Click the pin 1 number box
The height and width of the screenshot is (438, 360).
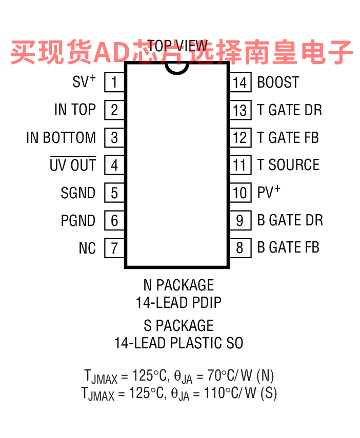[114, 82]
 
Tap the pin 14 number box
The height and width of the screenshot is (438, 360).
[241, 82]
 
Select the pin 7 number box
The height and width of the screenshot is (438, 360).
[114, 248]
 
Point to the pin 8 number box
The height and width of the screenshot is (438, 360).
[241, 248]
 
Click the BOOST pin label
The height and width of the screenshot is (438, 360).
[278, 82]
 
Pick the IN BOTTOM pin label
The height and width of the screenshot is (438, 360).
[61, 137]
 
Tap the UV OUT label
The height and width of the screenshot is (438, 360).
[73, 165]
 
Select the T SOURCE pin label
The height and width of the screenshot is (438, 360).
[288, 164]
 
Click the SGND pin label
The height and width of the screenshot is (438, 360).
[78, 193]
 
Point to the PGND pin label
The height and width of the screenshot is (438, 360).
[78, 220]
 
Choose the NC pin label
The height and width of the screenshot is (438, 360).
[87, 248]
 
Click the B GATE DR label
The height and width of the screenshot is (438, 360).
[290, 220]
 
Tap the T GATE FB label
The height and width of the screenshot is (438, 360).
[288, 137]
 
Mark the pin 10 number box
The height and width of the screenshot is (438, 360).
[241, 193]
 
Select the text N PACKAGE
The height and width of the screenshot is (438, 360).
[179, 285]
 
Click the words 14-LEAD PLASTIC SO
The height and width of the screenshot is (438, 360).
[179, 343]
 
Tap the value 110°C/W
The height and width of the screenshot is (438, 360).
[230, 393]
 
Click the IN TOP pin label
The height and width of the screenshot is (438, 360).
[75, 109]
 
